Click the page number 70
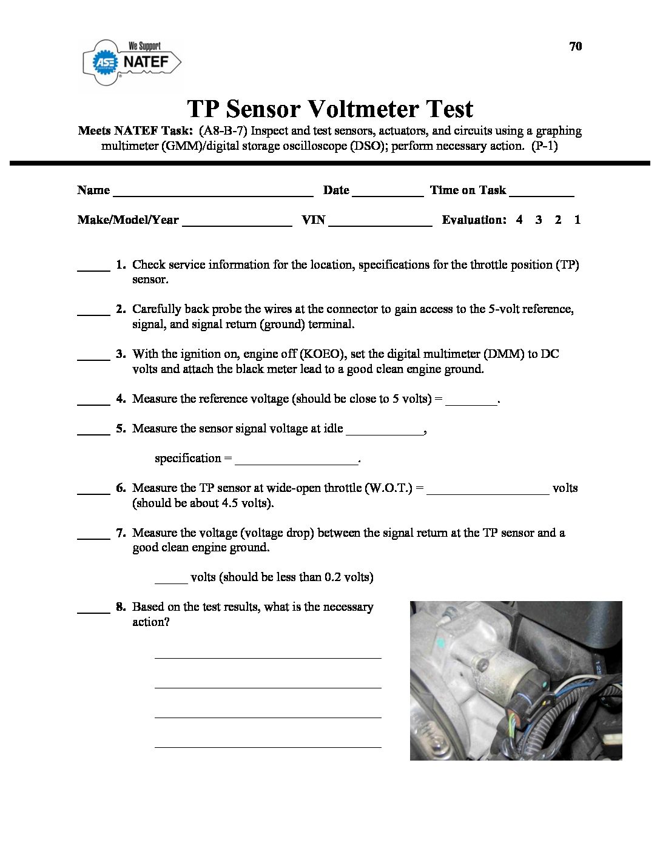576,47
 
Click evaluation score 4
519,220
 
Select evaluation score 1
577,220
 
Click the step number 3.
121,354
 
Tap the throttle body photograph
516,680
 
